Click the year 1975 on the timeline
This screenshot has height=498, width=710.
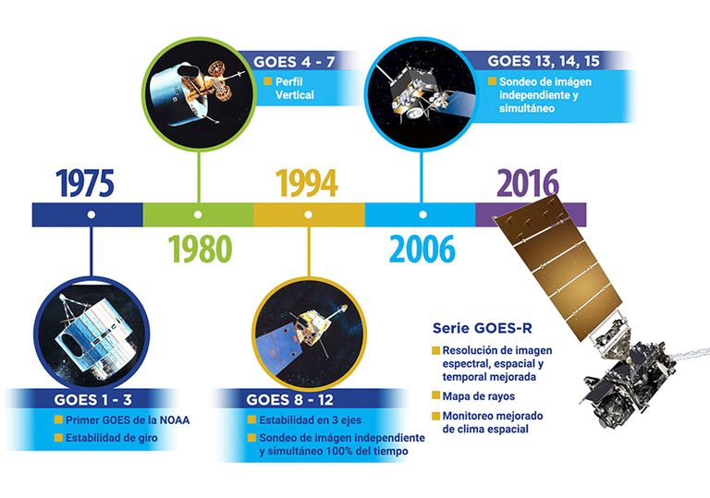(85, 183)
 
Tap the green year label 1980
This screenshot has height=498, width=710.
(200, 249)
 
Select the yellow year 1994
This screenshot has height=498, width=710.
(307, 183)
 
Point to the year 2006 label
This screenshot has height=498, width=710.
(422, 249)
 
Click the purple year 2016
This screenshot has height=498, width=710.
(528, 183)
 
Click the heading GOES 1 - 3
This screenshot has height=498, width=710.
(92, 400)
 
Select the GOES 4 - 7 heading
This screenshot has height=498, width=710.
(294, 62)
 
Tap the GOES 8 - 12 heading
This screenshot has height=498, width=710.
(289, 400)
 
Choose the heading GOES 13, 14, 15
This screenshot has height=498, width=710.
(544, 61)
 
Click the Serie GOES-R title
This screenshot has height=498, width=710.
(483, 328)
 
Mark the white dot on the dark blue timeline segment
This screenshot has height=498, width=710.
(91, 214)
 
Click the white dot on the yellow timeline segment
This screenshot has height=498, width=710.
(309, 214)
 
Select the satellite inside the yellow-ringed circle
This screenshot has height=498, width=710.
(302, 334)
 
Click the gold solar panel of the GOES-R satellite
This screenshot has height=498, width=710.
(557, 267)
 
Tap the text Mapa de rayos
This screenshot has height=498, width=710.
(479, 396)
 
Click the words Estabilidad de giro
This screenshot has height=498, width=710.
(112, 438)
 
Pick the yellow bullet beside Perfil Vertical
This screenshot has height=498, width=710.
(267, 81)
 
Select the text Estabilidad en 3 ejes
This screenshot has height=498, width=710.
(311, 420)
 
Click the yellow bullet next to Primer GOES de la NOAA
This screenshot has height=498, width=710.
(58, 419)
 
